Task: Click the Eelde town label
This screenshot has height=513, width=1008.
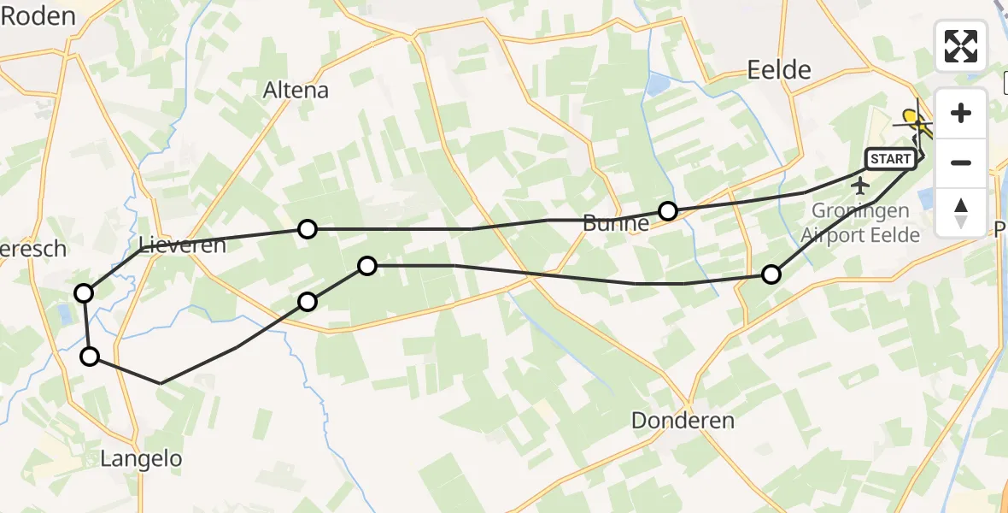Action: click(778, 69)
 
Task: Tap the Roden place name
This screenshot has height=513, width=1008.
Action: click(38, 15)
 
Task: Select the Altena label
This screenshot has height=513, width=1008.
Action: click(296, 90)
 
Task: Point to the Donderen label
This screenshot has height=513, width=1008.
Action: click(683, 421)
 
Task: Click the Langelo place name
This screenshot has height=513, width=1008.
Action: click(141, 459)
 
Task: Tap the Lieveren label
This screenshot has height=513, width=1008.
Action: click(183, 246)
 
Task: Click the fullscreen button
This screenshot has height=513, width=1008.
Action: click(961, 46)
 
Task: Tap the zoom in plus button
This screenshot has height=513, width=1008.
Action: click(961, 113)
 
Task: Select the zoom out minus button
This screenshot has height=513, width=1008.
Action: click(961, 162)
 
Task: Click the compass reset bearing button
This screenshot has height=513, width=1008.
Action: click(961, 212)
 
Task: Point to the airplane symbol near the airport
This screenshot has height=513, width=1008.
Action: click(860, 186)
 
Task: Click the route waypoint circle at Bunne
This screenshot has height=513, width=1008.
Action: click(668, 210)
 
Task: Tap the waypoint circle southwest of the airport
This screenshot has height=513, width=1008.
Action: click(771, 274)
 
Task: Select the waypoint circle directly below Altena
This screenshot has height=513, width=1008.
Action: click(307, 228)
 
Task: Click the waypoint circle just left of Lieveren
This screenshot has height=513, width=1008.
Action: click(84, 293)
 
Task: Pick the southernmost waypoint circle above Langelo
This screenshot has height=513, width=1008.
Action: click(90, 357)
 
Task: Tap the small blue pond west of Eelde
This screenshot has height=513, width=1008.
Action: click(659, 84)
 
